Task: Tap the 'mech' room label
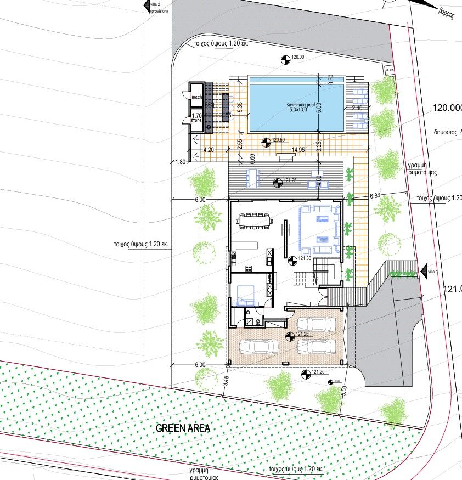[x=196, y=97]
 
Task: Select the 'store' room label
[x=196, y=119]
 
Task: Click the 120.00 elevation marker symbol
[x=284, y=58]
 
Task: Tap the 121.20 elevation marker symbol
[x=306, y=374]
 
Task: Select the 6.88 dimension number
[x=375, y=195]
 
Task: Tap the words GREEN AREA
[x=183, y=428]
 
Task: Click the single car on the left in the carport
[x=258, y=347]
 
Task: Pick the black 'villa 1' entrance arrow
[x=423, y=270]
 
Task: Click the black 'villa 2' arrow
[x=146, y=5]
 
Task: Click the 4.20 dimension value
[x=209, y=149]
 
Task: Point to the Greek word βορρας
[x=445, y=13]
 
